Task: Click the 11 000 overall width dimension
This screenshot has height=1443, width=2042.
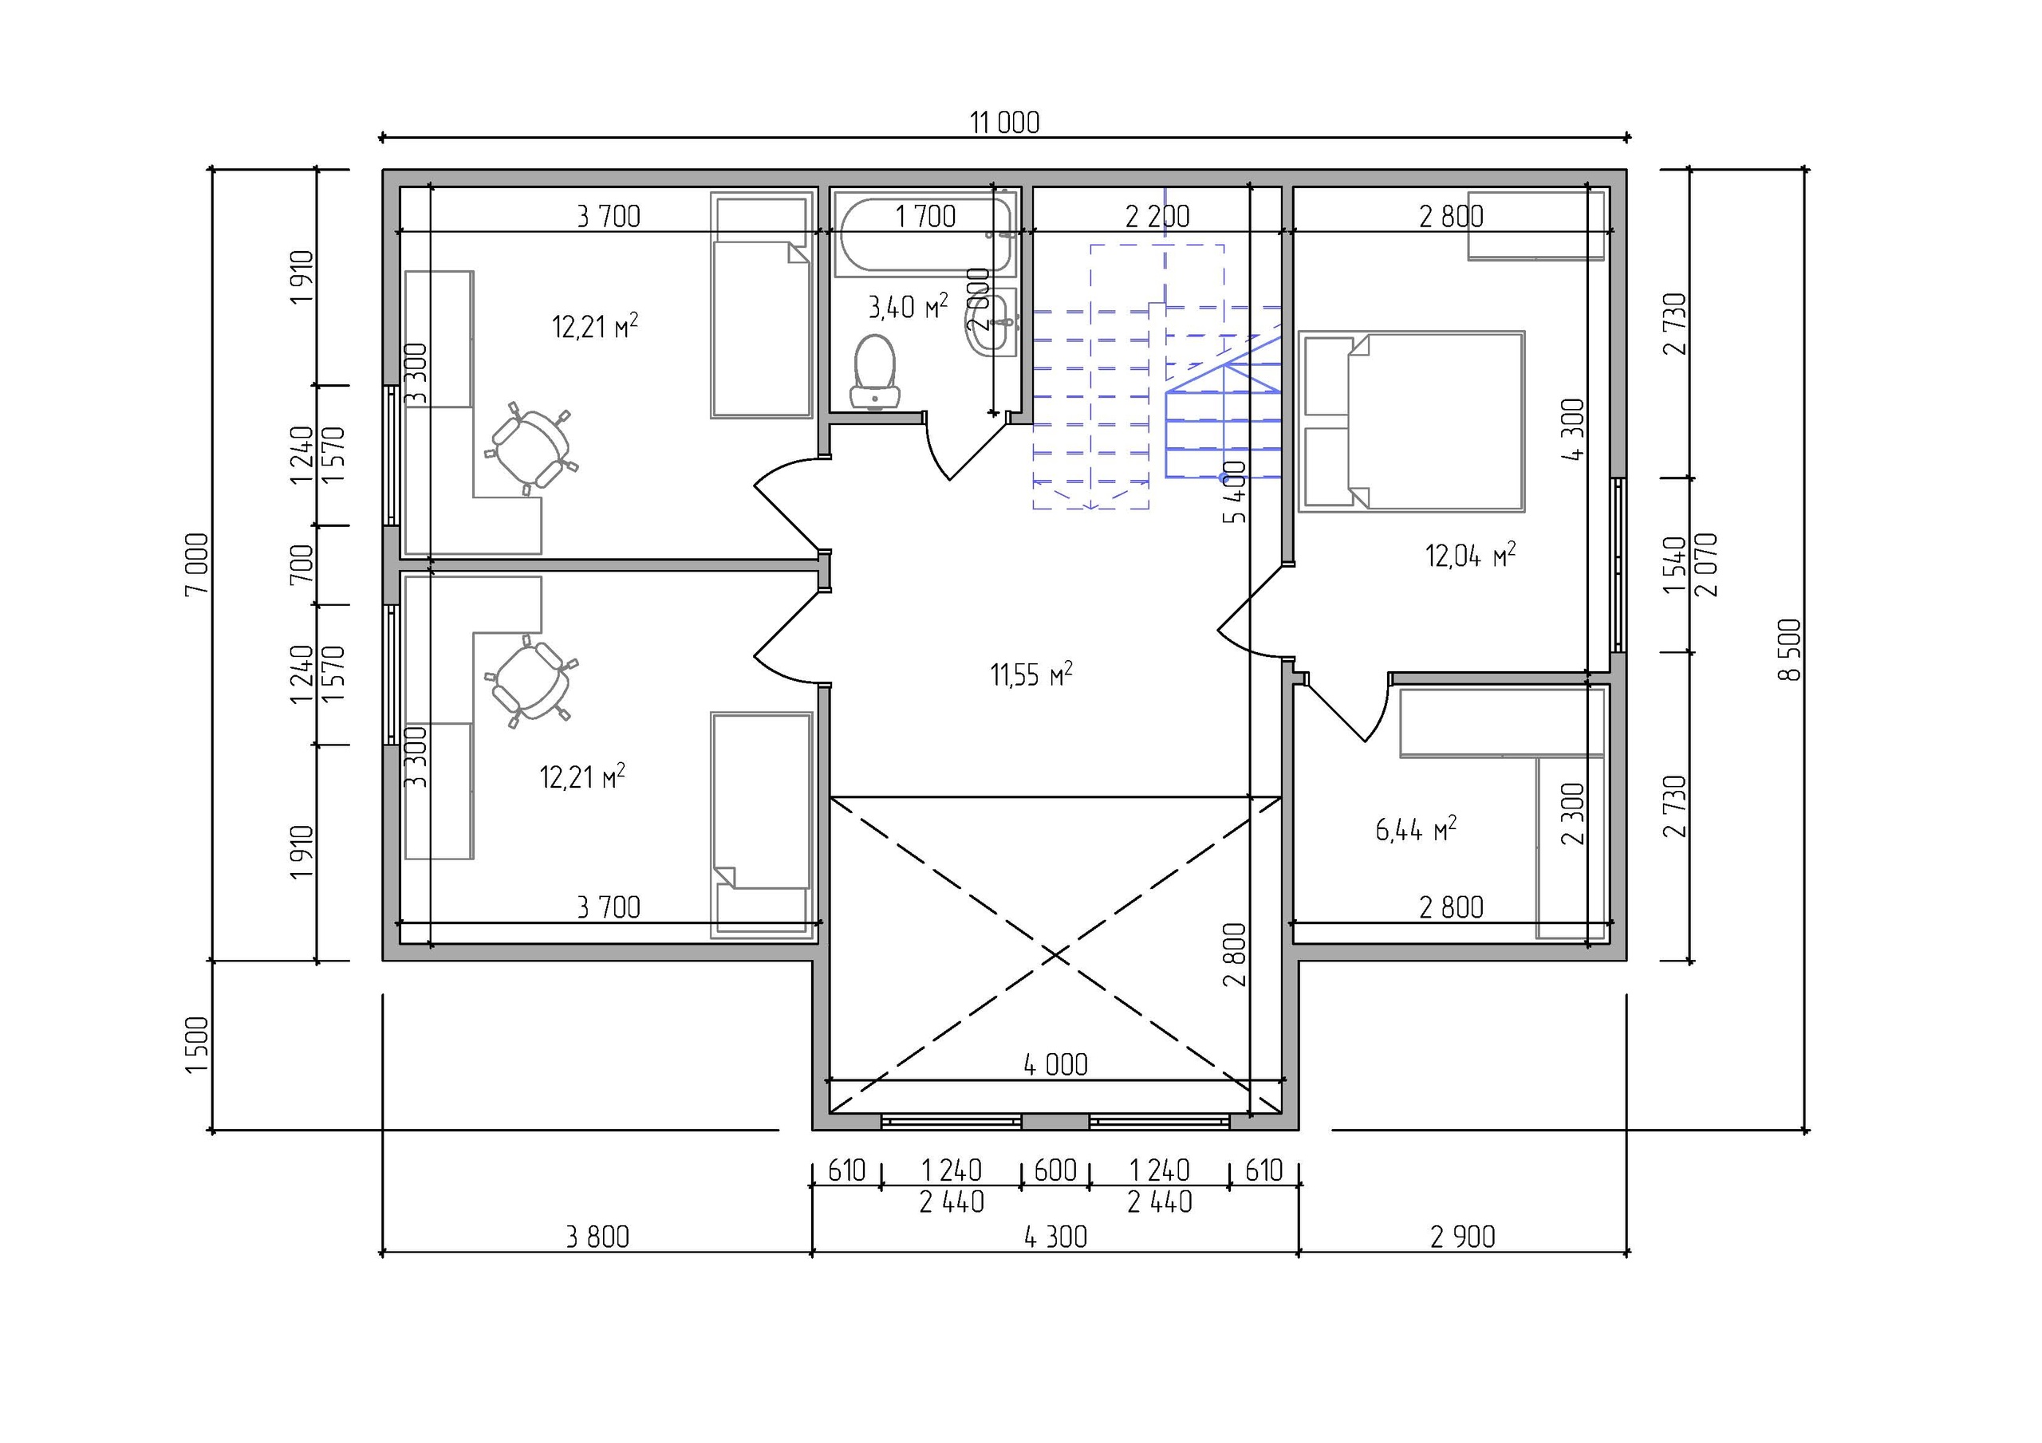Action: click(1004, 123)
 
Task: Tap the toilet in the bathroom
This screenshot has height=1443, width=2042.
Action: click(875, 372)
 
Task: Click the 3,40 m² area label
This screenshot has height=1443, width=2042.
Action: click(907, 307)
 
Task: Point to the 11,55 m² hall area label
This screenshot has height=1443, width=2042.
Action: click(1031, 674)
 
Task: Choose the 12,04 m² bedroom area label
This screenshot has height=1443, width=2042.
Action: click(1470, 556)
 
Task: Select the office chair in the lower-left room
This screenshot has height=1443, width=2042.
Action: click(532, 682)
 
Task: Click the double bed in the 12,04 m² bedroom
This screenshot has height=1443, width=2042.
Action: click(1411, 422)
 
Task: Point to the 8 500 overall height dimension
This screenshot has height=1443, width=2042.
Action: click(1790, 650)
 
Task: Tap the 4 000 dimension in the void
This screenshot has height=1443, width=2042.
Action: click(1055, 1064)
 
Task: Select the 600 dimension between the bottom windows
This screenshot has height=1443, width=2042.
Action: click(1055, 1170)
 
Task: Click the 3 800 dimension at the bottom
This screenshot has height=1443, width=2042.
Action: click(597, 1237)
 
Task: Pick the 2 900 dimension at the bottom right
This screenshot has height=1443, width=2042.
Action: click(1463, 1237)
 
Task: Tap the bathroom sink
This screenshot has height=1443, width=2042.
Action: click(995, 322)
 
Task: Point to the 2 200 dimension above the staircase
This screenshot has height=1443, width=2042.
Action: click(1157, 216)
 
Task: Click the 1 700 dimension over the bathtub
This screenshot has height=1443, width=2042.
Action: click(925, 216)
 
